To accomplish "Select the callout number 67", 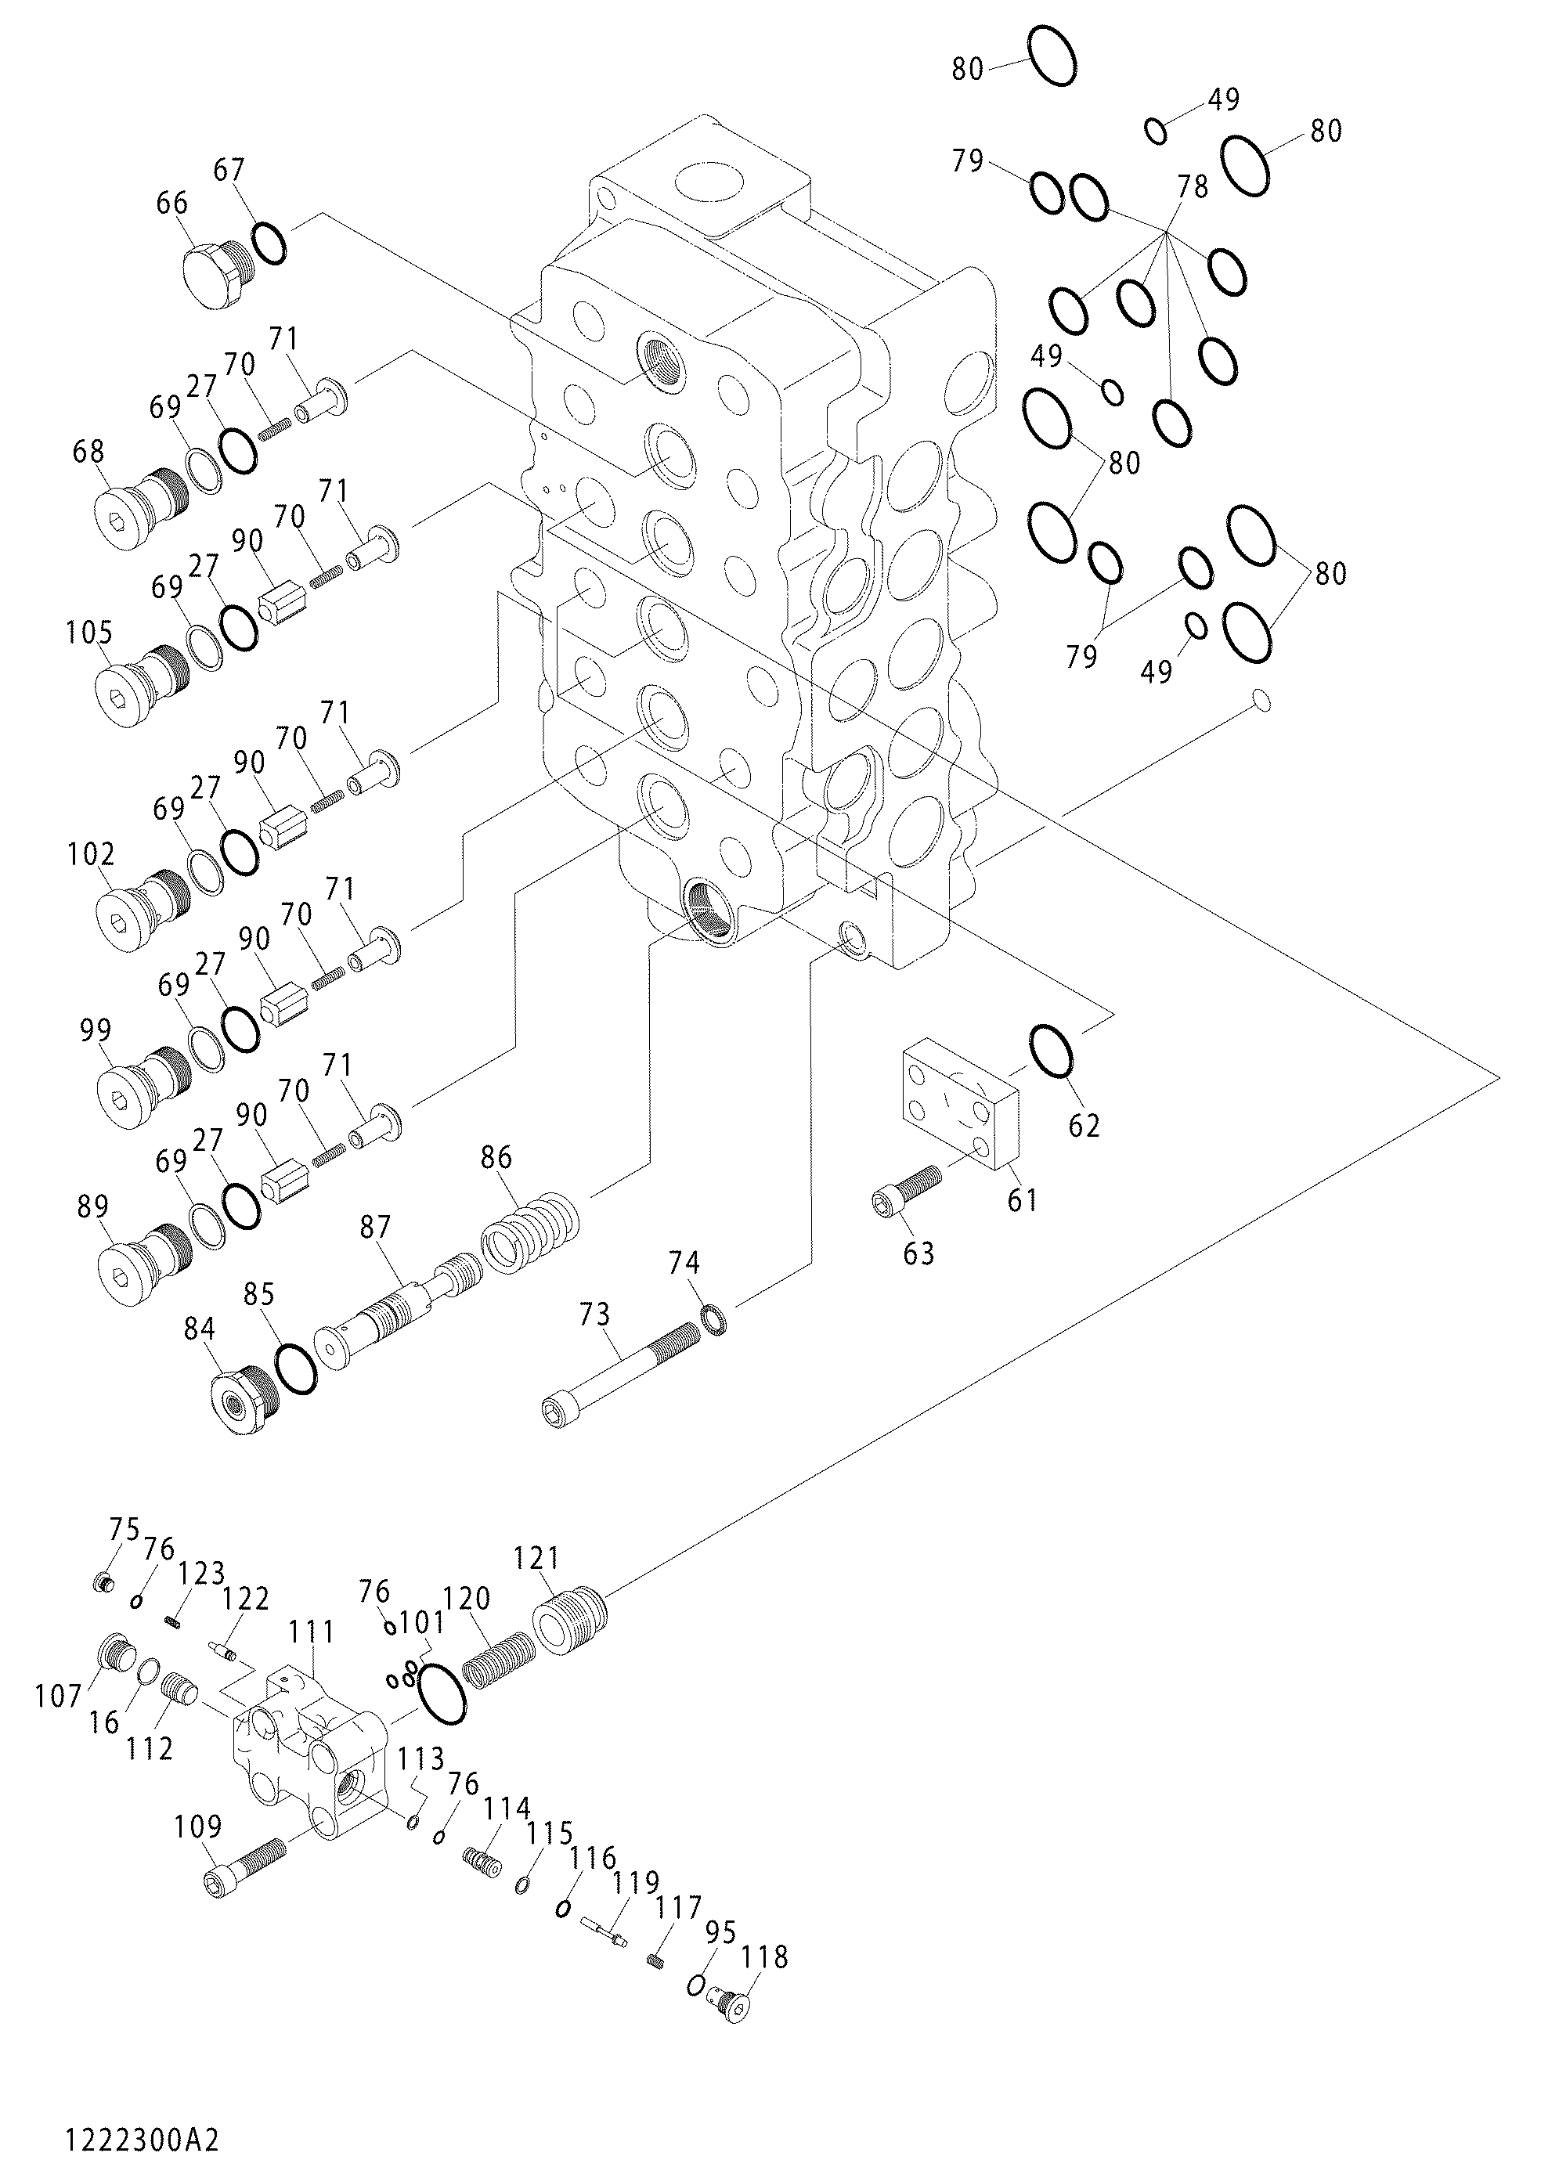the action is pyautogui.click(x=229, y=171).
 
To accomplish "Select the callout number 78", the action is pyautogui.click(x=1193, y=187).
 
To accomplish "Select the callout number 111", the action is pyautogui.click(x=312, y=1631).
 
